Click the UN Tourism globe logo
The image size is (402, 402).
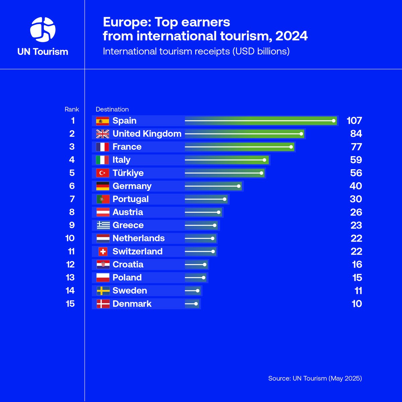click(x=43, y=29)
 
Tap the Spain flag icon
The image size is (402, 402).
click(x=103, y=121)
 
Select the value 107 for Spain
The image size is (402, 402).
click(x=354, y=121)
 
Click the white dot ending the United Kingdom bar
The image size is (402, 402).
click(x=301, y=134)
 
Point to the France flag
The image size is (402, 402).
click(x=103, y=147)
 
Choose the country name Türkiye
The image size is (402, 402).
click(x=128, y=173)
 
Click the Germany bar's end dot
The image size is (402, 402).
click(x=239, y=186)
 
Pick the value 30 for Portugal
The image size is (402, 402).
click(x=355, y=199)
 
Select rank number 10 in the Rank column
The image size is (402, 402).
click(x=70, y=238)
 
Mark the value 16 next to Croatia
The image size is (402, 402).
click(x=357, y=265)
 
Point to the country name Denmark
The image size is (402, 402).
click(x=132, y=304)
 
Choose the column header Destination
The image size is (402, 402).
click(x=112, y=109)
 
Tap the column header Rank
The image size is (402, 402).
click(x=72, y=109)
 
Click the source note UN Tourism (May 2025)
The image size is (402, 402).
click(x=315, y=378)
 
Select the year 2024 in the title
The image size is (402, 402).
click(x=291, y=36)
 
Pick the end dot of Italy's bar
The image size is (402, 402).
click(x=265, y=160)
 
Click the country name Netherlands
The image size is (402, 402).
click(x=138, y=239)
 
